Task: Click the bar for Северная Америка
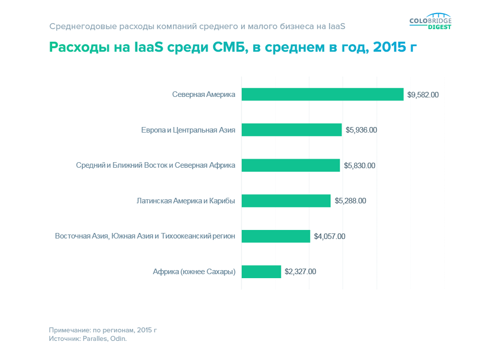click(x=322, y=94)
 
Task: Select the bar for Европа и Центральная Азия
click(x=291, y=130)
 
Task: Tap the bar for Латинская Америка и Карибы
click(x=286, y=201)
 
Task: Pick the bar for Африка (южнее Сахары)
click(x=261, y=272)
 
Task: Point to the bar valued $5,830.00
click(x=290, y=165)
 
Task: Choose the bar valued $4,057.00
click(x=276, y=236)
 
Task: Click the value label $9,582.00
click(x=423, y=94)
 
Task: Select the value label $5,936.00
click(x=361, y=130)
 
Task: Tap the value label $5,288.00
click(x=350, y=201)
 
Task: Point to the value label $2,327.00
click(x=300, y=272)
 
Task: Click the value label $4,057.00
click(x=329, y=236)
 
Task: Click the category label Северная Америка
click(x=203, y=94)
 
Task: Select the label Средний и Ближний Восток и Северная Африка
click(x=156, y=165)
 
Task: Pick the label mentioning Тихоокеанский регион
click(x=145, y=236)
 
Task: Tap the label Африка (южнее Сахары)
click(x=194, y=272)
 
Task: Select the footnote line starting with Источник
click(x=88, y=339)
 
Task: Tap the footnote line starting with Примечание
click(x=103, y=330)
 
